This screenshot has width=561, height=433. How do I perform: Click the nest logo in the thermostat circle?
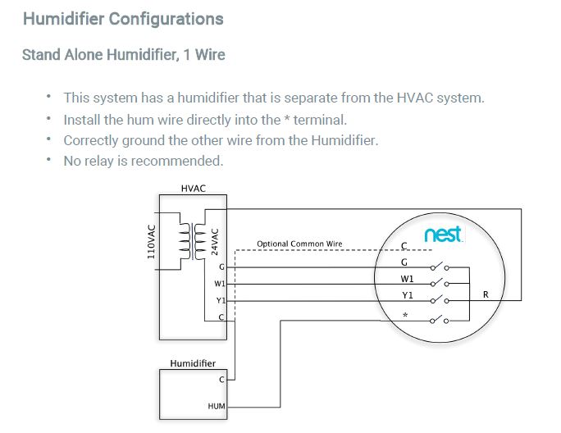(443, 235)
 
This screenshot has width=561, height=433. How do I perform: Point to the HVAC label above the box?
(193, 189)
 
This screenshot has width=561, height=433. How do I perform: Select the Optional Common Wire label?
(299, 244)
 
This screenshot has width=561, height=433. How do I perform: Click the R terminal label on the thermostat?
(486, 294)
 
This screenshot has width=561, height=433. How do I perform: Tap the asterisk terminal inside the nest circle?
(404, 314)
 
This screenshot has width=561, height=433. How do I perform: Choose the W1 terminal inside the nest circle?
(407, 279)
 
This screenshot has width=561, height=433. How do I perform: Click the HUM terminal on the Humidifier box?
(217, 405)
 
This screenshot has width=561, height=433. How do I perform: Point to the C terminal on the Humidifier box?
(221, 380)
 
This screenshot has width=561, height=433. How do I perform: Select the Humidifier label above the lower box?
(193, 362)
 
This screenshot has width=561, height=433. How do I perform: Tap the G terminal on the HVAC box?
(221, 267)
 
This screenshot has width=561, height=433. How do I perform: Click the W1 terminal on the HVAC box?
(219, 284)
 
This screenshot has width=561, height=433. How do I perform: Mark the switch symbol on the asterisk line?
(440, 319)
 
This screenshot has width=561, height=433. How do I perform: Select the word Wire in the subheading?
(208, 55)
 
